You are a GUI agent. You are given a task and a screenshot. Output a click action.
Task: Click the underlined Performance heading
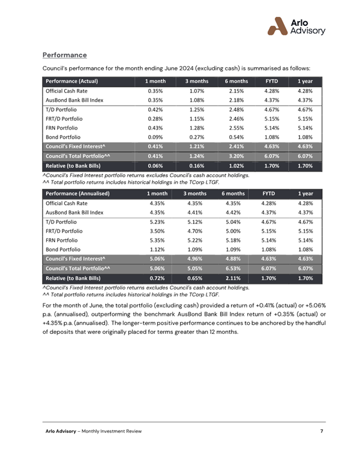[63, 55]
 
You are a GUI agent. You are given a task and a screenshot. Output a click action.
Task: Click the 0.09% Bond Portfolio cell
[157, 136]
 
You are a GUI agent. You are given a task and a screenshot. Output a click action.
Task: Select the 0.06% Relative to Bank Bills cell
[157, 166]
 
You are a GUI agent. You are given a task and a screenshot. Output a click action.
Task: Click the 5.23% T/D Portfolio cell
[157, 223]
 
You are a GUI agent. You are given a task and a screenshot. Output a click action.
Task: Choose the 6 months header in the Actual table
[236, 81]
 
